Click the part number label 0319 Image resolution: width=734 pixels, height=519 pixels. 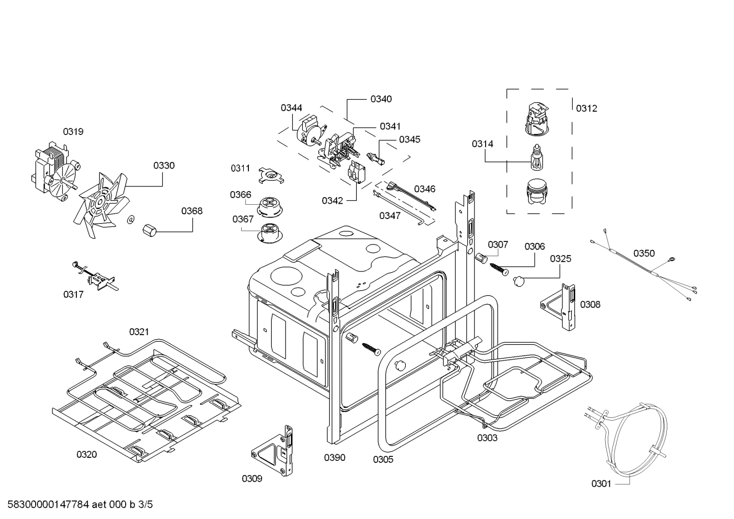pos(73,131)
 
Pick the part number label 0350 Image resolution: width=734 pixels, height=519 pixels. pos(644,253)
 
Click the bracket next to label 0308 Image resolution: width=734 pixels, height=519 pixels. pos(560,306)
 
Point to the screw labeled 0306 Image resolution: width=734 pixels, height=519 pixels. pos(498,268)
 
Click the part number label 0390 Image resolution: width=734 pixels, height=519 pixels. pos(334,457)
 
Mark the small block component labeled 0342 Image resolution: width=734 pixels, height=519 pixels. pos(356,173)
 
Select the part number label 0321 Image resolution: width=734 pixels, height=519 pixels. pos(139,332)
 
